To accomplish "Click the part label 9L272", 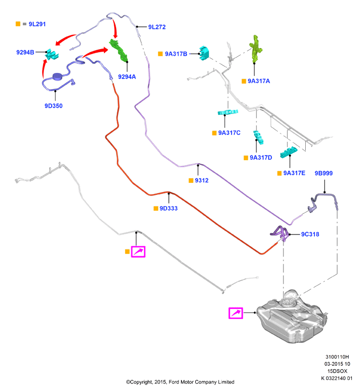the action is point(157,27).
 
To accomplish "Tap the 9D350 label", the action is point(53,106).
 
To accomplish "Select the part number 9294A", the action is point(127,77).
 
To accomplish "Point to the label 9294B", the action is point(25,52).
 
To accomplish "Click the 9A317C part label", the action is point(229,133).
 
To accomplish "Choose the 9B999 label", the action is point(323,173).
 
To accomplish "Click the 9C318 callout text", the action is point(310,234).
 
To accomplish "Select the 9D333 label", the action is point(168,208).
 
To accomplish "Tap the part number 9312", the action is point(201,180).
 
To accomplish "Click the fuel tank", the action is point(292,316).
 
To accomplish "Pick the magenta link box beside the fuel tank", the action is point(236,313).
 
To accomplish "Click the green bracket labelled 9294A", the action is point(119,50).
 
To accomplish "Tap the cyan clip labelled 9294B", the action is point(52,55).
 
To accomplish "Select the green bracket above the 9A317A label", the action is point(256,49).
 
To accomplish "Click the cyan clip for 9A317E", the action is point(289,152).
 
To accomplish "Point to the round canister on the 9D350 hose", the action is point(58,76).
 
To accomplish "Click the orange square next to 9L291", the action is point(18,24).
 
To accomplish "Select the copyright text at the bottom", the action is point(180,382).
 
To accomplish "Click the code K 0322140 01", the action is point(337,378).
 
